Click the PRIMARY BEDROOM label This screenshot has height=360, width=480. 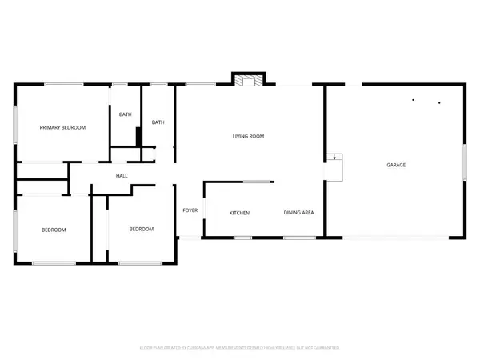coord(63,127)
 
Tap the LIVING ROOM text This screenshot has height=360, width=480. coord(248,137)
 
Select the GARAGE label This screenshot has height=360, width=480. coord(396,165)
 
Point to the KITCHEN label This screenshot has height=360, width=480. coord(240,213)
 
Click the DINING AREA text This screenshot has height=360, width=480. coord(298,213)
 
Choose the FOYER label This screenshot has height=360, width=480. coord(190,210)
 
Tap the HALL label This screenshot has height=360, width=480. coord(122,176)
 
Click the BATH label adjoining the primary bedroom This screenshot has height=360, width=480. coord(126,114)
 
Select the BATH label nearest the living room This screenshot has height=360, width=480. coord(158,122)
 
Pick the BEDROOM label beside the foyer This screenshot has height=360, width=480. coord(141,230)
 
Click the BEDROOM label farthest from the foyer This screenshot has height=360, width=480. coord(54,230)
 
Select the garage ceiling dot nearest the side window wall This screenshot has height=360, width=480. coord(439,102)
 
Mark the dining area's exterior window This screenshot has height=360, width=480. coord(299,238)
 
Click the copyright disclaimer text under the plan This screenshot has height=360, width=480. coord(240,348)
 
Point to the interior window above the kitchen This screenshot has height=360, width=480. coord(256,182)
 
